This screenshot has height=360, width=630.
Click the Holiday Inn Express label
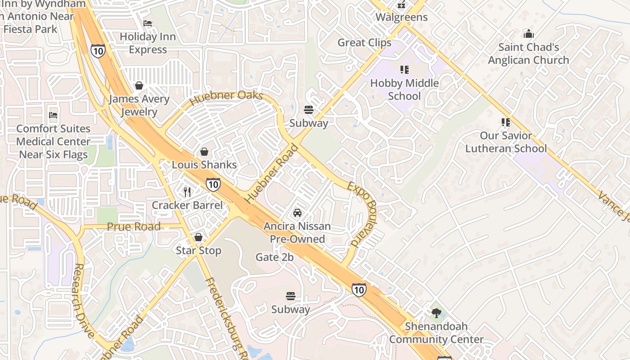pyautogui.click(x=148, y=43)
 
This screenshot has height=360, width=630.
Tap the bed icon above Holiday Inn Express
pyautogui.click(x=148, y=23)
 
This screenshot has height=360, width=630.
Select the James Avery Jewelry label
pyautogui.click(x=139, y=105)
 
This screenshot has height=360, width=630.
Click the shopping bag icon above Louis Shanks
pyautogui.click(x=204, y=152)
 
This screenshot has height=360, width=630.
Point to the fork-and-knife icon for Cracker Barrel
pyautogui.click(x=187, y=192)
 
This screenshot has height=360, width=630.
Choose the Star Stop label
pyautogui.click(x=198, y=251)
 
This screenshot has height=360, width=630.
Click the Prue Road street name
pyautogui.click(x=134, y=226)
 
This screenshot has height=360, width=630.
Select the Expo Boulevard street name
pyautogui.click(x=364, y=215)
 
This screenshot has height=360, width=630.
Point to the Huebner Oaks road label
pyautogui.click(x=226, y=97)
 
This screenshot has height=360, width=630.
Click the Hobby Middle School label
pyautogui.click(x=404, y=90)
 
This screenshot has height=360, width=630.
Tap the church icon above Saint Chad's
pyautogui.click(x=528, y=34)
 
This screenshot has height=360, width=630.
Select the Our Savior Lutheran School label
pyautogui.click(x=506, y=142)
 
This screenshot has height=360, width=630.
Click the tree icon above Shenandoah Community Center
pyautogui.click(x=436, y=313)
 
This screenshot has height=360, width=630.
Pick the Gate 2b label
pyautogui.click(x=274, y=257)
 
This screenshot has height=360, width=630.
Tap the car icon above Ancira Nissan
pyautogui.click(x=297, y=213)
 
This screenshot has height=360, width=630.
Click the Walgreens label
pyautogui.click(x=401, y=18)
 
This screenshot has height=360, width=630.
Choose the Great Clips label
pyautogui.click(x=364, y=43)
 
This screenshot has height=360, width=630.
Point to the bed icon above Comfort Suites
pyautogui.click(x=53, y=115)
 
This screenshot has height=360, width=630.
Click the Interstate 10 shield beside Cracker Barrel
pyautogui.click(x=213, y=184)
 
